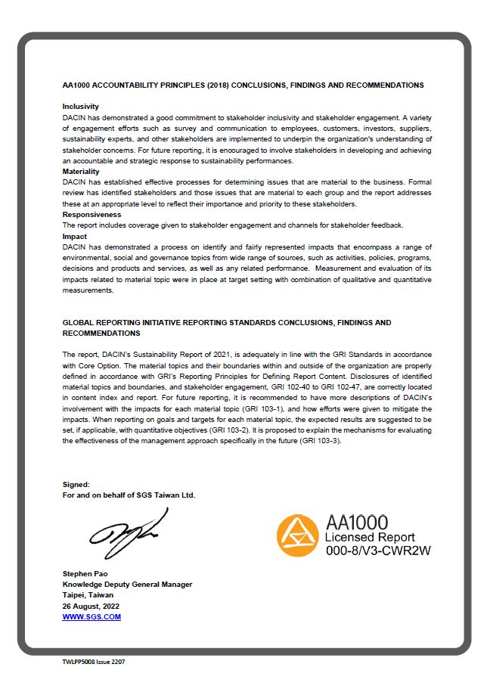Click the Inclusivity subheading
click(x=80, y=107)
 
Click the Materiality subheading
click(x=80, y=172)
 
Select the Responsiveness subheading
click(x=91, y=215)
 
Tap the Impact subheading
click(x=74, y=237)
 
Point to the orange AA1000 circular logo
click(x=297, y=535)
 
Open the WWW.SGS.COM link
click(x=91, y=617)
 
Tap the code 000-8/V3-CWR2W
click(x=377, y=551)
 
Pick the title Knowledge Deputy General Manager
click(x=127, y=584)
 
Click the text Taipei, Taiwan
click(x=88, y=595)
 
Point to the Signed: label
click(x=76, y=484)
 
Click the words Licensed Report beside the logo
click(x=370, y=537)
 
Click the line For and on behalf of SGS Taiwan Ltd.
click(x=129, y=495)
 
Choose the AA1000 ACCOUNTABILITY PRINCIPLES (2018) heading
click(x=243, y=85)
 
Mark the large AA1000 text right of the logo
click(x=356, y=522)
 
